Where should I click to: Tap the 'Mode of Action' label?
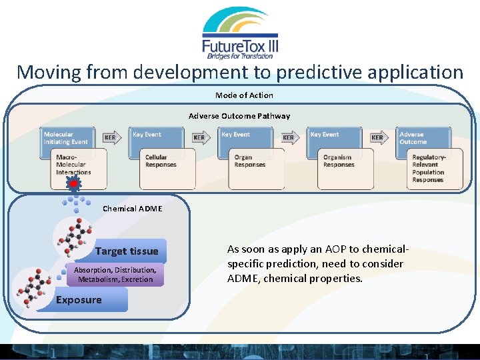tap(244, 95)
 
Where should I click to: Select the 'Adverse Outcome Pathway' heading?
tap(239, 116)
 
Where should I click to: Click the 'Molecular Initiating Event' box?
tap(66, 137)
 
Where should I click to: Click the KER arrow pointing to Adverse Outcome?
tap(378, 139)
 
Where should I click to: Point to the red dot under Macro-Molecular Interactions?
tap(74, 184)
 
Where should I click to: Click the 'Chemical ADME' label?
tap(132, 209)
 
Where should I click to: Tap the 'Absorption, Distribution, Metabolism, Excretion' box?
tap(115, 275)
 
